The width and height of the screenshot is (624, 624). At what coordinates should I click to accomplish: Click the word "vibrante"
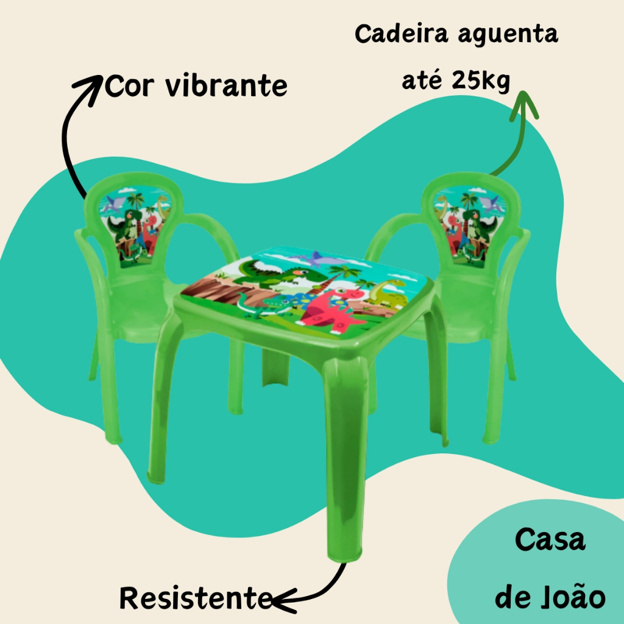tap(226, 86)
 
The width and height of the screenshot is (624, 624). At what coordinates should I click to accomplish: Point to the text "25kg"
tap(480, 80)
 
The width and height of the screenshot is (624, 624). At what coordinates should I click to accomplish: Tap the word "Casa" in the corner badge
tap(550, 540)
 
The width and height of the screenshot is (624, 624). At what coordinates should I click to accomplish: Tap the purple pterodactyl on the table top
tap(316, 259)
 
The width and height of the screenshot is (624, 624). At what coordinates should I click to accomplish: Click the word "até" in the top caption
tap(422, 80)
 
